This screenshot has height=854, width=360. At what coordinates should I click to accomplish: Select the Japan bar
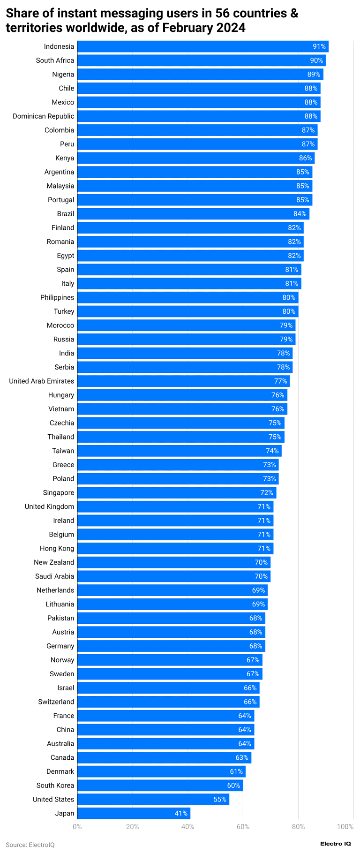click(134, 813)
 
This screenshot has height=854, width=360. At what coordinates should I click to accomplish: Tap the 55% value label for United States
click(220, 799)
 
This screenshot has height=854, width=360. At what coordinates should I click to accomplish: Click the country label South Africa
click(55, 60)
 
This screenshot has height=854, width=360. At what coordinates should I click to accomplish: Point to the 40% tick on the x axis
click(187, 826)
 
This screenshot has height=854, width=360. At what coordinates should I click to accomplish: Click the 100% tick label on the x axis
click(345, 826)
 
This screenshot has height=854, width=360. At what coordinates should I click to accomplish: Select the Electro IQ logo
click(335, 844)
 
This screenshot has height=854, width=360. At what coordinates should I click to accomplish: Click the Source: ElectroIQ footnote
click(30, 845)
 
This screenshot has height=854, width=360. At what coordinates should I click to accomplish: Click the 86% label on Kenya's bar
click(305, 158)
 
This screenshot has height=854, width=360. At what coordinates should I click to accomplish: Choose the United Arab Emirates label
click(41, 381)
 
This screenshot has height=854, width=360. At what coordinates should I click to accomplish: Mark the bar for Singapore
click(176, 492)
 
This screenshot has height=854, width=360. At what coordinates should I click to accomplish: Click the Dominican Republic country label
click(43, 116)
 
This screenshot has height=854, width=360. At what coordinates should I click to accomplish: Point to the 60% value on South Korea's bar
click(233, 785)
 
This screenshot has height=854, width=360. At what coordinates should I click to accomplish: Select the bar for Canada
click(164, 757)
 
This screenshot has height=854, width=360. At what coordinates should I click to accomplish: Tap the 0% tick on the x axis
click(77, 826)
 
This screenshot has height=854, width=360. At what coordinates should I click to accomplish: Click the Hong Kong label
click(57, 548)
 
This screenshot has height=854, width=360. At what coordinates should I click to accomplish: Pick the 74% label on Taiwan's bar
click(272, 451)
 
